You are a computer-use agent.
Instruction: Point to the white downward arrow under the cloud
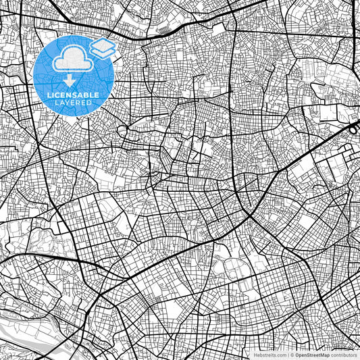tap(70, 80)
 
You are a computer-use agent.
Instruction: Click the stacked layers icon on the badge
tap(102, 49)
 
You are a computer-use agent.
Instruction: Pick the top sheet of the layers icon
tap(102, 45)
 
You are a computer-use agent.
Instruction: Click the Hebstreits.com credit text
tap(270, 354)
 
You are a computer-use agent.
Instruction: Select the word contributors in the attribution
tap(344, 354)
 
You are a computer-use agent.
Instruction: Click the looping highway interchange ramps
tap(354, 127)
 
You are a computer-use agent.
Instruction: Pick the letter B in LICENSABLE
tap(86, 94)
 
